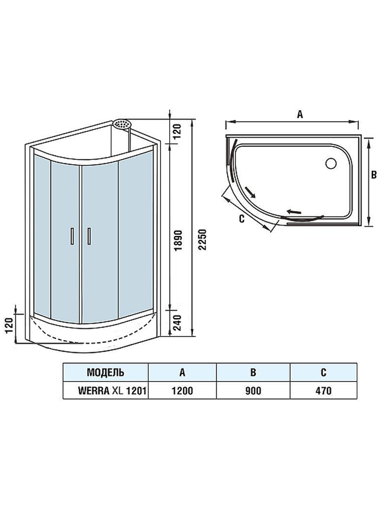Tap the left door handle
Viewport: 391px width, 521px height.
(x=71, y=237)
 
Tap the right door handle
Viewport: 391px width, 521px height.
(x=90, y=237)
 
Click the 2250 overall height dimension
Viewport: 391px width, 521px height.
(x=202, y=240)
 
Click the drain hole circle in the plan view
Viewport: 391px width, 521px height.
(x=331, y=163)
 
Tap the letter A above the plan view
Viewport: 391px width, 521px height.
(x=300, y=114)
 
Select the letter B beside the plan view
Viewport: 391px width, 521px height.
(x=374, y=175)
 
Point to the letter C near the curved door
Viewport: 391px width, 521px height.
(x=241, y=219)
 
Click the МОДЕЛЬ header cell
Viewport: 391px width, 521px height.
(x=105, y=372)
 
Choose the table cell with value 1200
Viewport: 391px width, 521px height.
(x=182, y=391)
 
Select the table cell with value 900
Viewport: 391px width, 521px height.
(x=253, y=391)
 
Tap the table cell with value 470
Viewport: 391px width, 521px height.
(x=323, y=391)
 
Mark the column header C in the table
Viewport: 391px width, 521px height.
(x=323, y=372)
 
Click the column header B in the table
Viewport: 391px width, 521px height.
(x=253, y=372)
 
